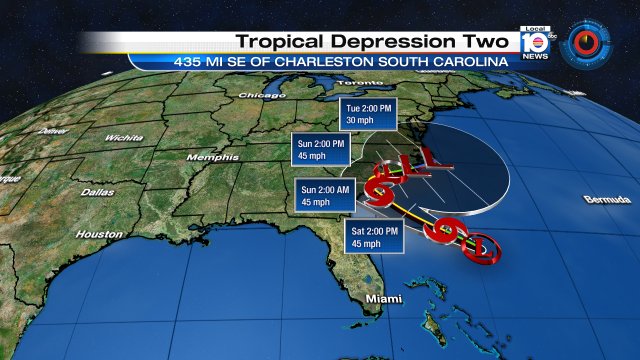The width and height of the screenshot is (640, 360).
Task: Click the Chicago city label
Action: tap(256, 95)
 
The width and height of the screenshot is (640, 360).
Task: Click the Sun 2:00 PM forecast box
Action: tap(318, 150)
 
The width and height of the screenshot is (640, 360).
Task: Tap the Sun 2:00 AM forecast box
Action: tap(325, 195)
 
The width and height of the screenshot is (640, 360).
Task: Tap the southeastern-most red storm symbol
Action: tap(474, 247)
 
